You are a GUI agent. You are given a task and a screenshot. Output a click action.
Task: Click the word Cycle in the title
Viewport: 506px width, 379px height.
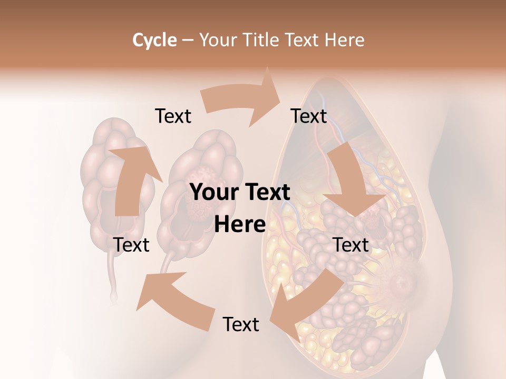tap(154, 40)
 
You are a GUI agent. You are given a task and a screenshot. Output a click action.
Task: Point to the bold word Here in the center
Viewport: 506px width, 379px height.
tap(240, 225)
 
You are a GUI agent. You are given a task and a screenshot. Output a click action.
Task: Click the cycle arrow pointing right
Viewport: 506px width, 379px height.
tap(242, 100)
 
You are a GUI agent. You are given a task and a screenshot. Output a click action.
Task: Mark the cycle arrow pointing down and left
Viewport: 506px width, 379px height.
tap(306, 300)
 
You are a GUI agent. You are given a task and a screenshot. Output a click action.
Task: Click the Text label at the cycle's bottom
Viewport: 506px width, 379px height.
tap(241, 325)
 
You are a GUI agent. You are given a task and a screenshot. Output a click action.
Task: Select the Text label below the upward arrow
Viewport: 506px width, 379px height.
tap(131, 245)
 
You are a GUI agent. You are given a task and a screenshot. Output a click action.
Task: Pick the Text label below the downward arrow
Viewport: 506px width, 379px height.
tap(351, 245)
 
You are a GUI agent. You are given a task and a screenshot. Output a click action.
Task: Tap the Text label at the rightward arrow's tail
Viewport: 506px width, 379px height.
tap(173, 116)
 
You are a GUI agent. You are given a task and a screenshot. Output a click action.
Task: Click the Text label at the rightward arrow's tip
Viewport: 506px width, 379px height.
tap(309, 116)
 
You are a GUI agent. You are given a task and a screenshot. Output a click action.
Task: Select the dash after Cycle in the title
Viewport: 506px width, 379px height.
tap(188, 40)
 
